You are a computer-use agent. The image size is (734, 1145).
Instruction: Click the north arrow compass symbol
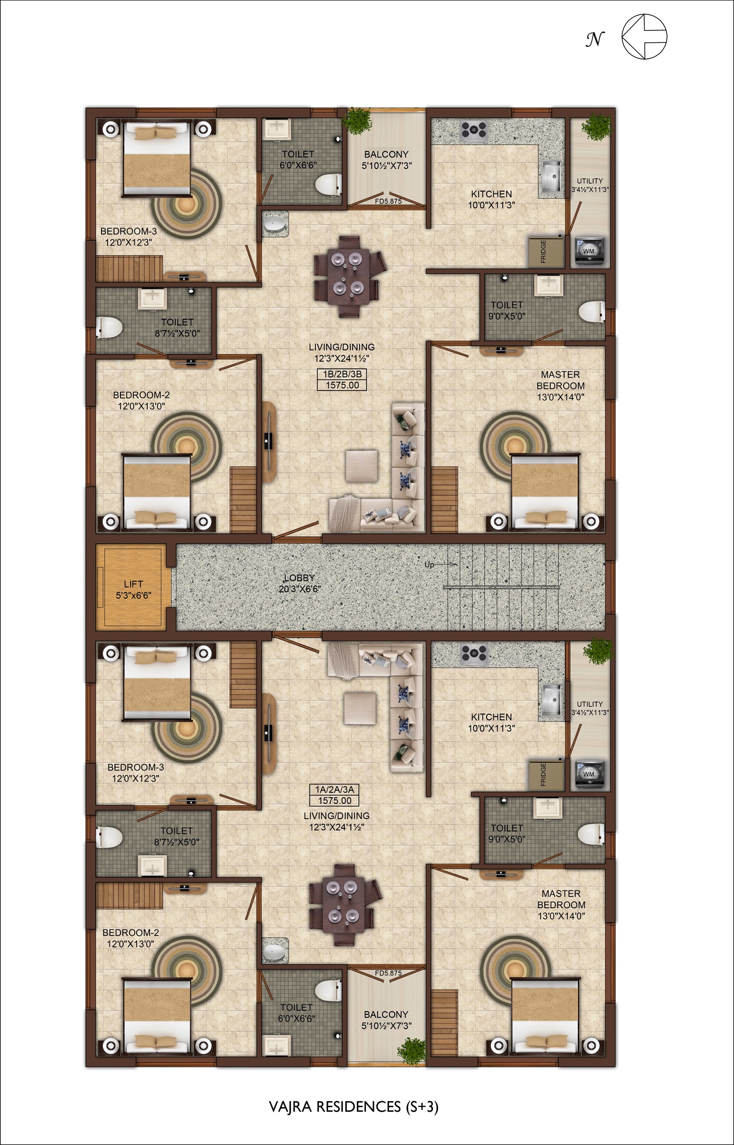click(644, 37)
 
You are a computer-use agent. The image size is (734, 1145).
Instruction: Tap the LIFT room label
click(133, 584)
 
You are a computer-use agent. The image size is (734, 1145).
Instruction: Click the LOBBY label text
click(299, 578)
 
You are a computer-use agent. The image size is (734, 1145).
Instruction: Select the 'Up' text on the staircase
click(429, 565)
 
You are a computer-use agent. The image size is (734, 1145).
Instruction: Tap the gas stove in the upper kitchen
click(473, 131)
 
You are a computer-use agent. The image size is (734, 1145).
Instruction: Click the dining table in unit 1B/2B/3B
click(347, 277)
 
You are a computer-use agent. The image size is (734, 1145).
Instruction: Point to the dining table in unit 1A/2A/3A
click(342, 905)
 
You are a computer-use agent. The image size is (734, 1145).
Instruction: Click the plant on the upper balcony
click(358, 120)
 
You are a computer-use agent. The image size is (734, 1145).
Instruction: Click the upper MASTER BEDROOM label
click(560, 380)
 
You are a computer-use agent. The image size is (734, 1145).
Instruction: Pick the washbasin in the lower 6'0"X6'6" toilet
click(277, 1050)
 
